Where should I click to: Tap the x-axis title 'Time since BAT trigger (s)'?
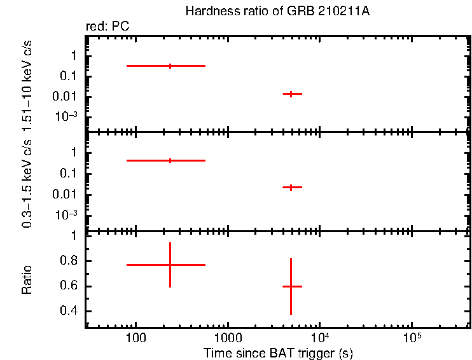pos(278,352)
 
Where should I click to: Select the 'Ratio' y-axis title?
pos(27,280)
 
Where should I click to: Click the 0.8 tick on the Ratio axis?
pos(69,261)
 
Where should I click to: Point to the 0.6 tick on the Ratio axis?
pos(69,286)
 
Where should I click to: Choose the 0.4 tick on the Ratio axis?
pos(69,312)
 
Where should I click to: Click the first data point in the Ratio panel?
pos(170,264)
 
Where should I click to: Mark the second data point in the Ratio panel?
pos(291,286)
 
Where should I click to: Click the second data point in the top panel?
pos(291,93)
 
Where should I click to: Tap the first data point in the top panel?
pos(170,66)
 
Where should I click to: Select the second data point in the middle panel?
pos(291,187)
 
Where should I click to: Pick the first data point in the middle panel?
pos(170,160)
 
